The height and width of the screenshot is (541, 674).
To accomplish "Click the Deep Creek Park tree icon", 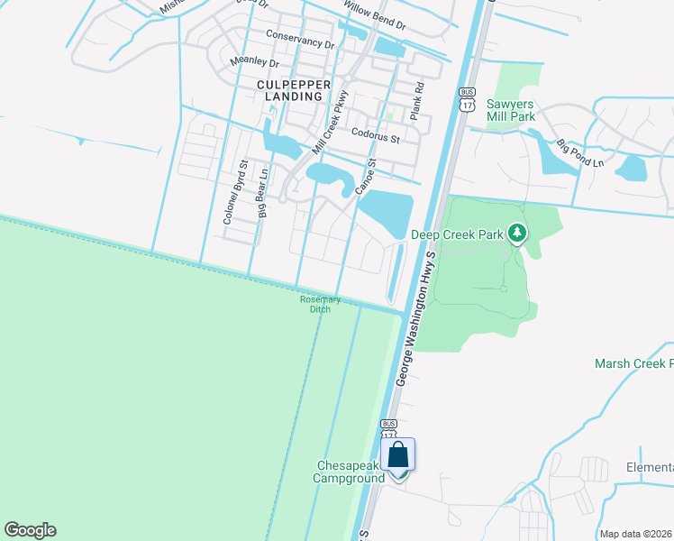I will coord(517,234).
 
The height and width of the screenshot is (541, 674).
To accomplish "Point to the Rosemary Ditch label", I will coord(320,305).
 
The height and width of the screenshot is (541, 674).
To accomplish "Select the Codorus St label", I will coord(376,133).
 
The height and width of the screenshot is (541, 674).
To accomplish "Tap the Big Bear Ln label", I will coord(264,193).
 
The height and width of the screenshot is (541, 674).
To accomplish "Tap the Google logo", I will coord(30,530).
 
